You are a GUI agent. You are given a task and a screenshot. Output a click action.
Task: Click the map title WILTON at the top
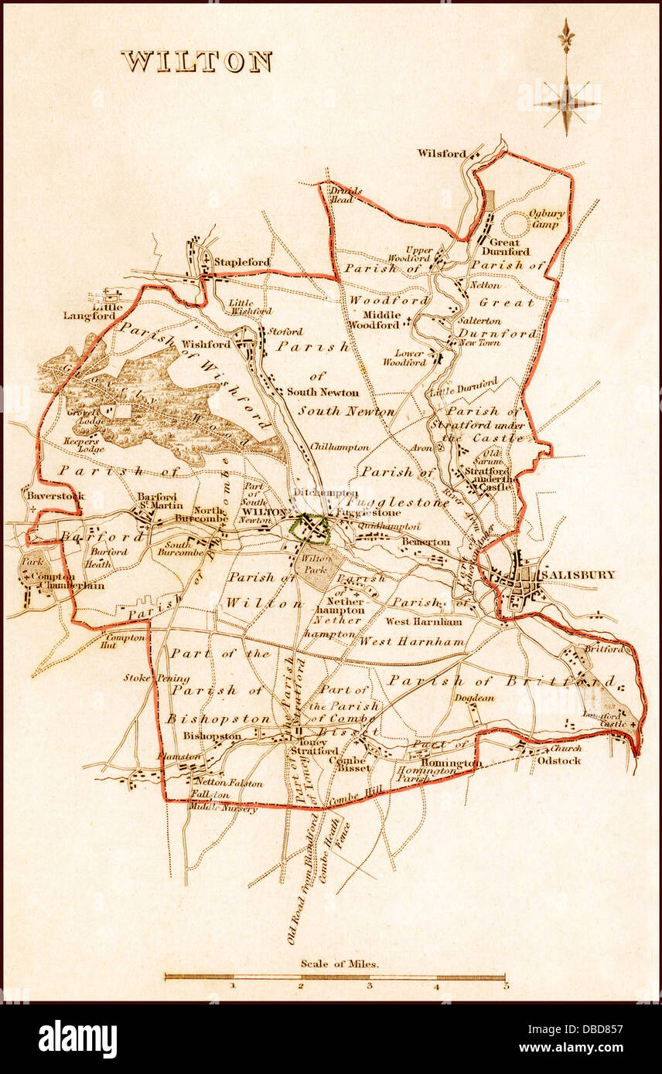click(x=196, y=62)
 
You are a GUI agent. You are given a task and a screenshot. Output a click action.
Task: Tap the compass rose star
click(x=566, y=103)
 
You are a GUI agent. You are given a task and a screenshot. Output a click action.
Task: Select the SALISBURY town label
click(x=578, y=575)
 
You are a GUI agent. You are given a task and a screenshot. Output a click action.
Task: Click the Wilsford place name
click(x=442, y=153)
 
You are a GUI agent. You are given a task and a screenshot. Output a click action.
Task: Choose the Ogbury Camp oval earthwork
click(x=516, y=225)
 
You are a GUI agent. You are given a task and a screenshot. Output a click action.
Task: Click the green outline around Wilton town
click(x=309, y=529)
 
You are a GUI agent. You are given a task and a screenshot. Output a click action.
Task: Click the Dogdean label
click(x=474, y=698)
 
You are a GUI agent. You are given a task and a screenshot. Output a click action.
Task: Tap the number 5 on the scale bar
click(x=505, y=986)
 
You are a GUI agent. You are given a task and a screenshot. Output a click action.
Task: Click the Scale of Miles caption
click(x=334, y=964)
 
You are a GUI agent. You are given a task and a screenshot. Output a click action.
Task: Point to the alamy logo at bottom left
click(x=77, y=1038)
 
